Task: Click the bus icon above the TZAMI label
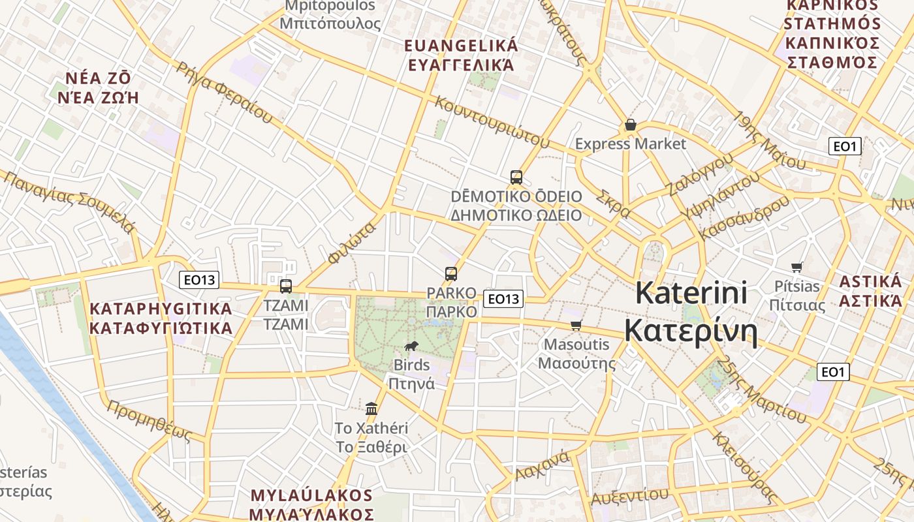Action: coord(285,286)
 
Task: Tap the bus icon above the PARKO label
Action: coord(450,274)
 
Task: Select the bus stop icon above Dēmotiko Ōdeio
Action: coord(516,177)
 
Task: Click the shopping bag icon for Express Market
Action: coord(630,125)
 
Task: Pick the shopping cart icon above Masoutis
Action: coord(576,325)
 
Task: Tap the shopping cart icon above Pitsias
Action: coord(796,266)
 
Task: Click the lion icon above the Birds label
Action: coord(411,346)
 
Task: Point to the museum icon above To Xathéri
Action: coord(371,408)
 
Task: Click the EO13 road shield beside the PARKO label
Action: coord(503,299)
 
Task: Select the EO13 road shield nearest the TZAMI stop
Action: coord(199,280)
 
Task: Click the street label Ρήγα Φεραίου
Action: coord(224,92)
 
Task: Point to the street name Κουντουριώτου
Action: coord(490,121)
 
